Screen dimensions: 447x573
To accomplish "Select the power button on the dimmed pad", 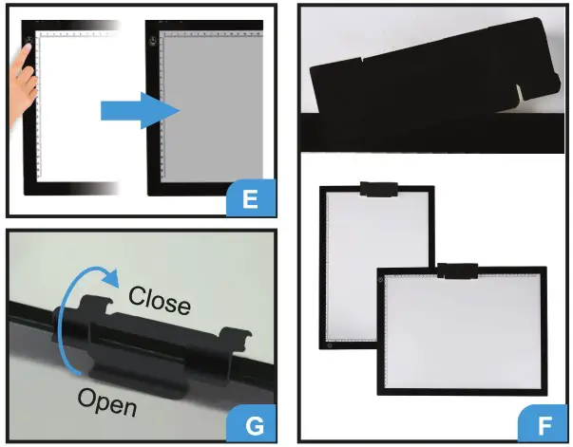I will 150,41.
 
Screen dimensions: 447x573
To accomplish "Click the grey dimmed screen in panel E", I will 211,114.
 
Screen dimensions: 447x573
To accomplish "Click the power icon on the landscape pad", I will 381,281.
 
